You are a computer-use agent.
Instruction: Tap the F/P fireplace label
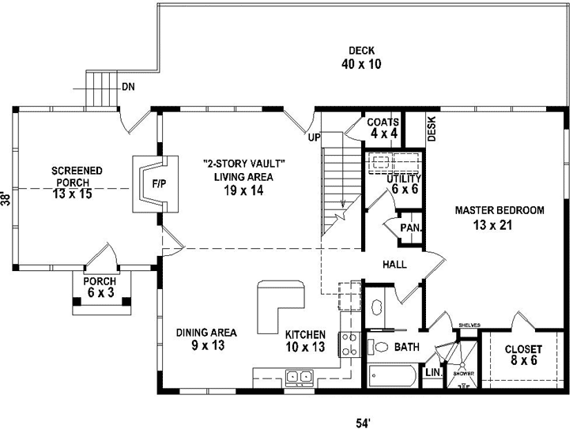[158, 184]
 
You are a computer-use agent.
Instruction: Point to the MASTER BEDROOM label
[499, 218]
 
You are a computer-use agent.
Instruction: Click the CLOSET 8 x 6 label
[523, 355]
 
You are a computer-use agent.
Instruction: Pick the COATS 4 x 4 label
[383, 128]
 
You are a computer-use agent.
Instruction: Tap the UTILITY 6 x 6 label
[403, 184]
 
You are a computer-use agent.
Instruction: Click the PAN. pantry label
[409, 228]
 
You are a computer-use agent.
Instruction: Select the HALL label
[394, 264]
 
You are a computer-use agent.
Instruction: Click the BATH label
[407, 346]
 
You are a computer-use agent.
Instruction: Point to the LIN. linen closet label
[432, 372]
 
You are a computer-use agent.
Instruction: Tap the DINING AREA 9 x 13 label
[206, 338]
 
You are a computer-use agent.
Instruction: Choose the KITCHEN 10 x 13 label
[305, 340]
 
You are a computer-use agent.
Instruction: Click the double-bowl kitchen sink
[298, 376]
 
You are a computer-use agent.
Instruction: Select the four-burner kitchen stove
[349, 344]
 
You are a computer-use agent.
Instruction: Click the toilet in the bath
[379, 347]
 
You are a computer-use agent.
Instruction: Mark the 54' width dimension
[363, 422]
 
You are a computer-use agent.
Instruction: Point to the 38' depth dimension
[6, 198]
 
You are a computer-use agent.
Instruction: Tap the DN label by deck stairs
[127, 87]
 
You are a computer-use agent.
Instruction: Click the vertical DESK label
[432, 129]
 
